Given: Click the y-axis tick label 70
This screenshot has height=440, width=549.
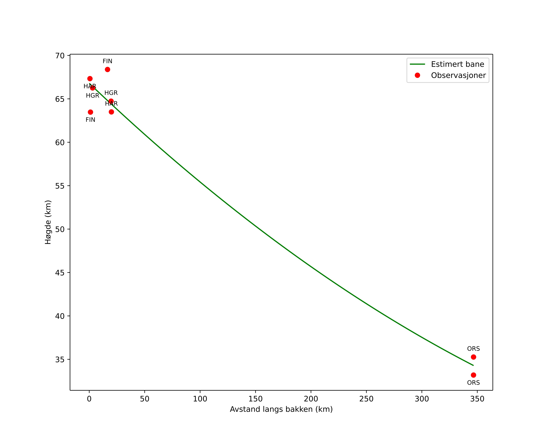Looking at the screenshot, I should coord(60,56).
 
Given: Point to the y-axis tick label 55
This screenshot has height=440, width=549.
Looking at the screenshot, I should coord(60,186).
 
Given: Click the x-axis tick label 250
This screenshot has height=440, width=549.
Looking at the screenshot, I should coord(366,399).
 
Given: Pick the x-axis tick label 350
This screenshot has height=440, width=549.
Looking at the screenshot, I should coord(477,399).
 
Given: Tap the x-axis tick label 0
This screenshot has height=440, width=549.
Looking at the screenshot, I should coord(89,399).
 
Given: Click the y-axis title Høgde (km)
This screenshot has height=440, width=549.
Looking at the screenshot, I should coord(48,222).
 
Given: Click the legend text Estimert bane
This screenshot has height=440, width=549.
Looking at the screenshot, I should coord(457,64).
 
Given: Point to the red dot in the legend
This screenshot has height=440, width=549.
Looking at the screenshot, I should coord(417,75).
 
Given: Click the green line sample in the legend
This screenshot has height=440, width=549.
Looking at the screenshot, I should coord(417,64).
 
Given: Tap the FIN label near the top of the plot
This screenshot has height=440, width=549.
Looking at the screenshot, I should coord(107,61).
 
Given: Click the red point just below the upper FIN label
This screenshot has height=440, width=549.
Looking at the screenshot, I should coord(107,69).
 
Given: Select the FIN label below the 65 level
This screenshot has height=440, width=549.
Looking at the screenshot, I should coord(90,120).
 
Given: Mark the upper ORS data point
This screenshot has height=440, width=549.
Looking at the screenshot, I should coord(473,357).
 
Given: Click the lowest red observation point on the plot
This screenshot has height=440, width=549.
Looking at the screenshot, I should coord(473,375).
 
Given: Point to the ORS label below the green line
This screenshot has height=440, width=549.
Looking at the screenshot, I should coord(473,383).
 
